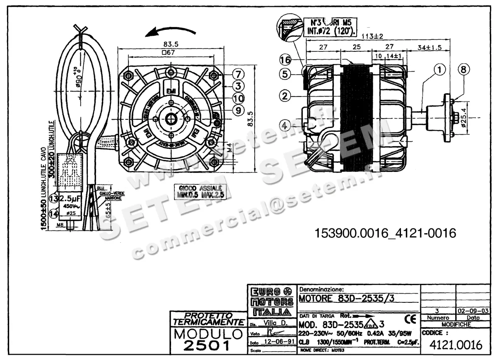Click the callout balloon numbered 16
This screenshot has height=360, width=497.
tap(285, 60)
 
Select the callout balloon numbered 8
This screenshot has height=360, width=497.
tap(464, 69)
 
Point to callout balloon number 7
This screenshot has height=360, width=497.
tap(239, 74)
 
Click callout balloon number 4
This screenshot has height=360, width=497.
tap(285, 124)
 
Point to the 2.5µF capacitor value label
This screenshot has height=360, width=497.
tap(71, 198)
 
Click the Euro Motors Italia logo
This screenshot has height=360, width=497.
tap(272, 301)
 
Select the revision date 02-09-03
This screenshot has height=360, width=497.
tap(473, 311)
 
